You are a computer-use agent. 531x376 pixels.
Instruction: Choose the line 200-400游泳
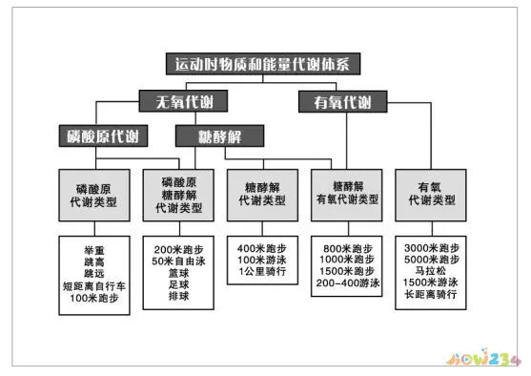[348, 284]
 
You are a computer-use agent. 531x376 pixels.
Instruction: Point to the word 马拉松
[435, 271]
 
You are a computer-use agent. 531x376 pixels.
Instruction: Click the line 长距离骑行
[435, 296]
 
